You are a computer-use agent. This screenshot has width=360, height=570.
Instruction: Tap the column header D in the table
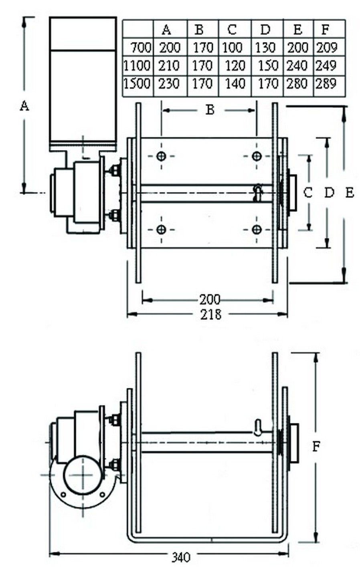(x=265, y=29)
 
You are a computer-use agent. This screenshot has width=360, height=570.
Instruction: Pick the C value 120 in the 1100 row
(x=235, y=65)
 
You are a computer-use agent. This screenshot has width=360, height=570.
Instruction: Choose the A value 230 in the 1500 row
(x=169, y=84)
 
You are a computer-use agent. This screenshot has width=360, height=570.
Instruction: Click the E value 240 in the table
(x=297, y=65)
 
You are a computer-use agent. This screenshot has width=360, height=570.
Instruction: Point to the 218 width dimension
(x=210, y=314)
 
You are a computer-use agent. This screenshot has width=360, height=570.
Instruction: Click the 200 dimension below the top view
(x=210, y=299)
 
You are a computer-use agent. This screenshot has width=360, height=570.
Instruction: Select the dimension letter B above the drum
(x=210, y=110)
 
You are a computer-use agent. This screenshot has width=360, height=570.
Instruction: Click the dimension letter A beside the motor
(x=25, y=106)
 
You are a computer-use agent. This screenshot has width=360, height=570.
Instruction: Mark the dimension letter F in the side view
(x=317, y=446)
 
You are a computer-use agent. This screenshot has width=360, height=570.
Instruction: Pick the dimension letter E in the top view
(x=350, y=193)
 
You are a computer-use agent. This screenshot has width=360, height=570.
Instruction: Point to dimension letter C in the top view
(x=308, y=193)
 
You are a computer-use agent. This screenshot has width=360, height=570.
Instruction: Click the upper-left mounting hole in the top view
(x=162, y=156)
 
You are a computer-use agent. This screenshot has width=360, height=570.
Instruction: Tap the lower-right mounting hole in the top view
(x=257, y=230)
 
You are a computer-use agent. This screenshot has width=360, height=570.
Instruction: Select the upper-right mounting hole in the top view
(x=257, y=156)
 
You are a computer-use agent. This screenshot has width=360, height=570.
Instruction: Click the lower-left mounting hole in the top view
(x=162, y=230)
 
